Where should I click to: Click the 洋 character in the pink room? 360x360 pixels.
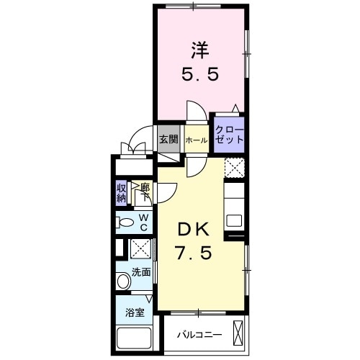pyautogui.click(x=200, y=50)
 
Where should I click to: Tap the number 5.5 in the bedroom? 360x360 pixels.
pyautogui.click(x=200, y=73)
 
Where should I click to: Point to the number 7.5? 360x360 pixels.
pyautogui.click(x=194, y=253)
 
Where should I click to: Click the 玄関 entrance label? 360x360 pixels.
pyautogui.click(x=169, y=139)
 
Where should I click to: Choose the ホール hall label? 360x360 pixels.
pyautogui.click(x=197, y=140)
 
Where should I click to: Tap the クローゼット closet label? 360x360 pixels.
pyautogui.click(x=229, y=135)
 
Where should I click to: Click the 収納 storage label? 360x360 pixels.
pyautogui.click(x=122, y=193)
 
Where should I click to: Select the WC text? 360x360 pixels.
pyautogui.click(x=143, y=222)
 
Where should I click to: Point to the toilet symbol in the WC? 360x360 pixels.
pyautogui.click(x=125, y=222)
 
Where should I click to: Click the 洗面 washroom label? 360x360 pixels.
pyautogui.click(x=141, y=272)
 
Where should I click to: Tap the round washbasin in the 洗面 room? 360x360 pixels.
pyautogui.click(x=124, y=281)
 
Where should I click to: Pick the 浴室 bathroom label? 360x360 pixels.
pyautogui.click(x=135, y=312)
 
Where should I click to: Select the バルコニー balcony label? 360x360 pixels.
pyautogui.click(x=199, y=335)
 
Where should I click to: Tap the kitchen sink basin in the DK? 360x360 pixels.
pyautogui.click(x=234, y=220)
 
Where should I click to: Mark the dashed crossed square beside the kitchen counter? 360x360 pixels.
pyautogui.click(x=235, y=168)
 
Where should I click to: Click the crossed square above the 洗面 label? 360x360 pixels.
pyautogui.click(x=140, y=248)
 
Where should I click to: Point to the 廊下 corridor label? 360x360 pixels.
pyautogui.click(x=145, y=192)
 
